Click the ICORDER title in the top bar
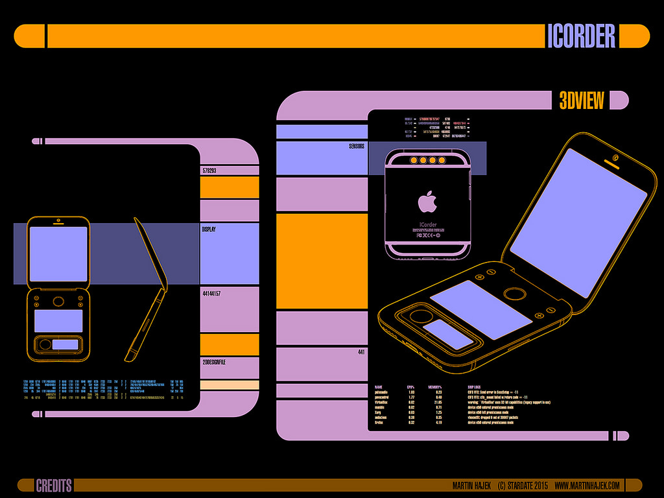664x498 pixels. [581, 36]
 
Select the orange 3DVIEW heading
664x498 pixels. [582, 101]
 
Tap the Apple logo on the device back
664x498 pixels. [427, 202]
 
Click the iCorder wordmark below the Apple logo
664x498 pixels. [427, 225]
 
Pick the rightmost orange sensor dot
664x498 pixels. [442, 160]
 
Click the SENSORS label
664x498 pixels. [356, 147]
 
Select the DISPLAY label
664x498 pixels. [209, 230]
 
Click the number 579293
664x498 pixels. [209, 171]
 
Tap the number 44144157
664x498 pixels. [212, 294]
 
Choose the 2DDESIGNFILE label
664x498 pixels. [215, 362]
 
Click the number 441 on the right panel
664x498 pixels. [362, 352]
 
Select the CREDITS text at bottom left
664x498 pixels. [54, 486]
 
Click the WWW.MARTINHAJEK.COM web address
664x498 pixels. [587, 486]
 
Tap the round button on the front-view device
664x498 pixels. [58, 301]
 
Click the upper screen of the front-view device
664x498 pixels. [58, 254]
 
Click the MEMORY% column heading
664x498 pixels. [437, 386]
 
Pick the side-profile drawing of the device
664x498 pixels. [147, 289]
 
